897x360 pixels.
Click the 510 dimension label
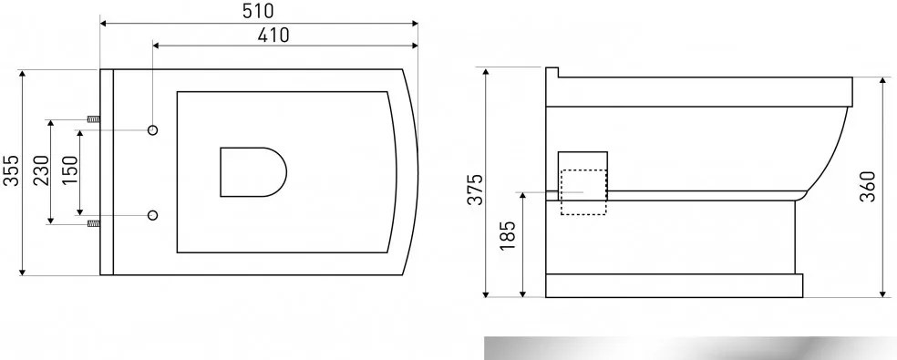(258, 10)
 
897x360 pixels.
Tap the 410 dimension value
(273, 36)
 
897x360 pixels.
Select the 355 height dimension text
(11, 170)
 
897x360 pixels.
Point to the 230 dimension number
(41, 170)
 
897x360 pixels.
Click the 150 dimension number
(70, 170)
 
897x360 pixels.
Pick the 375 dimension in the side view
(475, 189)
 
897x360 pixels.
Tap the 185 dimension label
(508, 235)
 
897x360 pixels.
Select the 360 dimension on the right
(868, 186)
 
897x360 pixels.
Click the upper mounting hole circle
(153, 130)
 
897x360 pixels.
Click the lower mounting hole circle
(153, 215)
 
